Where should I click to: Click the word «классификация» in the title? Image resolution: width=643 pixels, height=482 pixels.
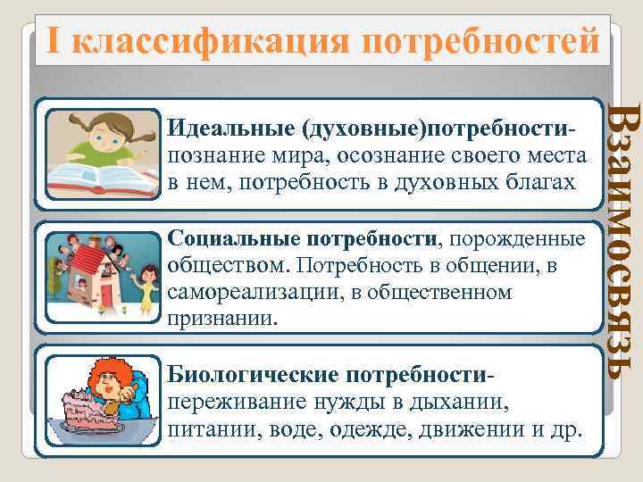click(x=213, y=41)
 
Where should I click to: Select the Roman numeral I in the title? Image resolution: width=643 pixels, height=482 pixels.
click(x=54, y=41)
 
